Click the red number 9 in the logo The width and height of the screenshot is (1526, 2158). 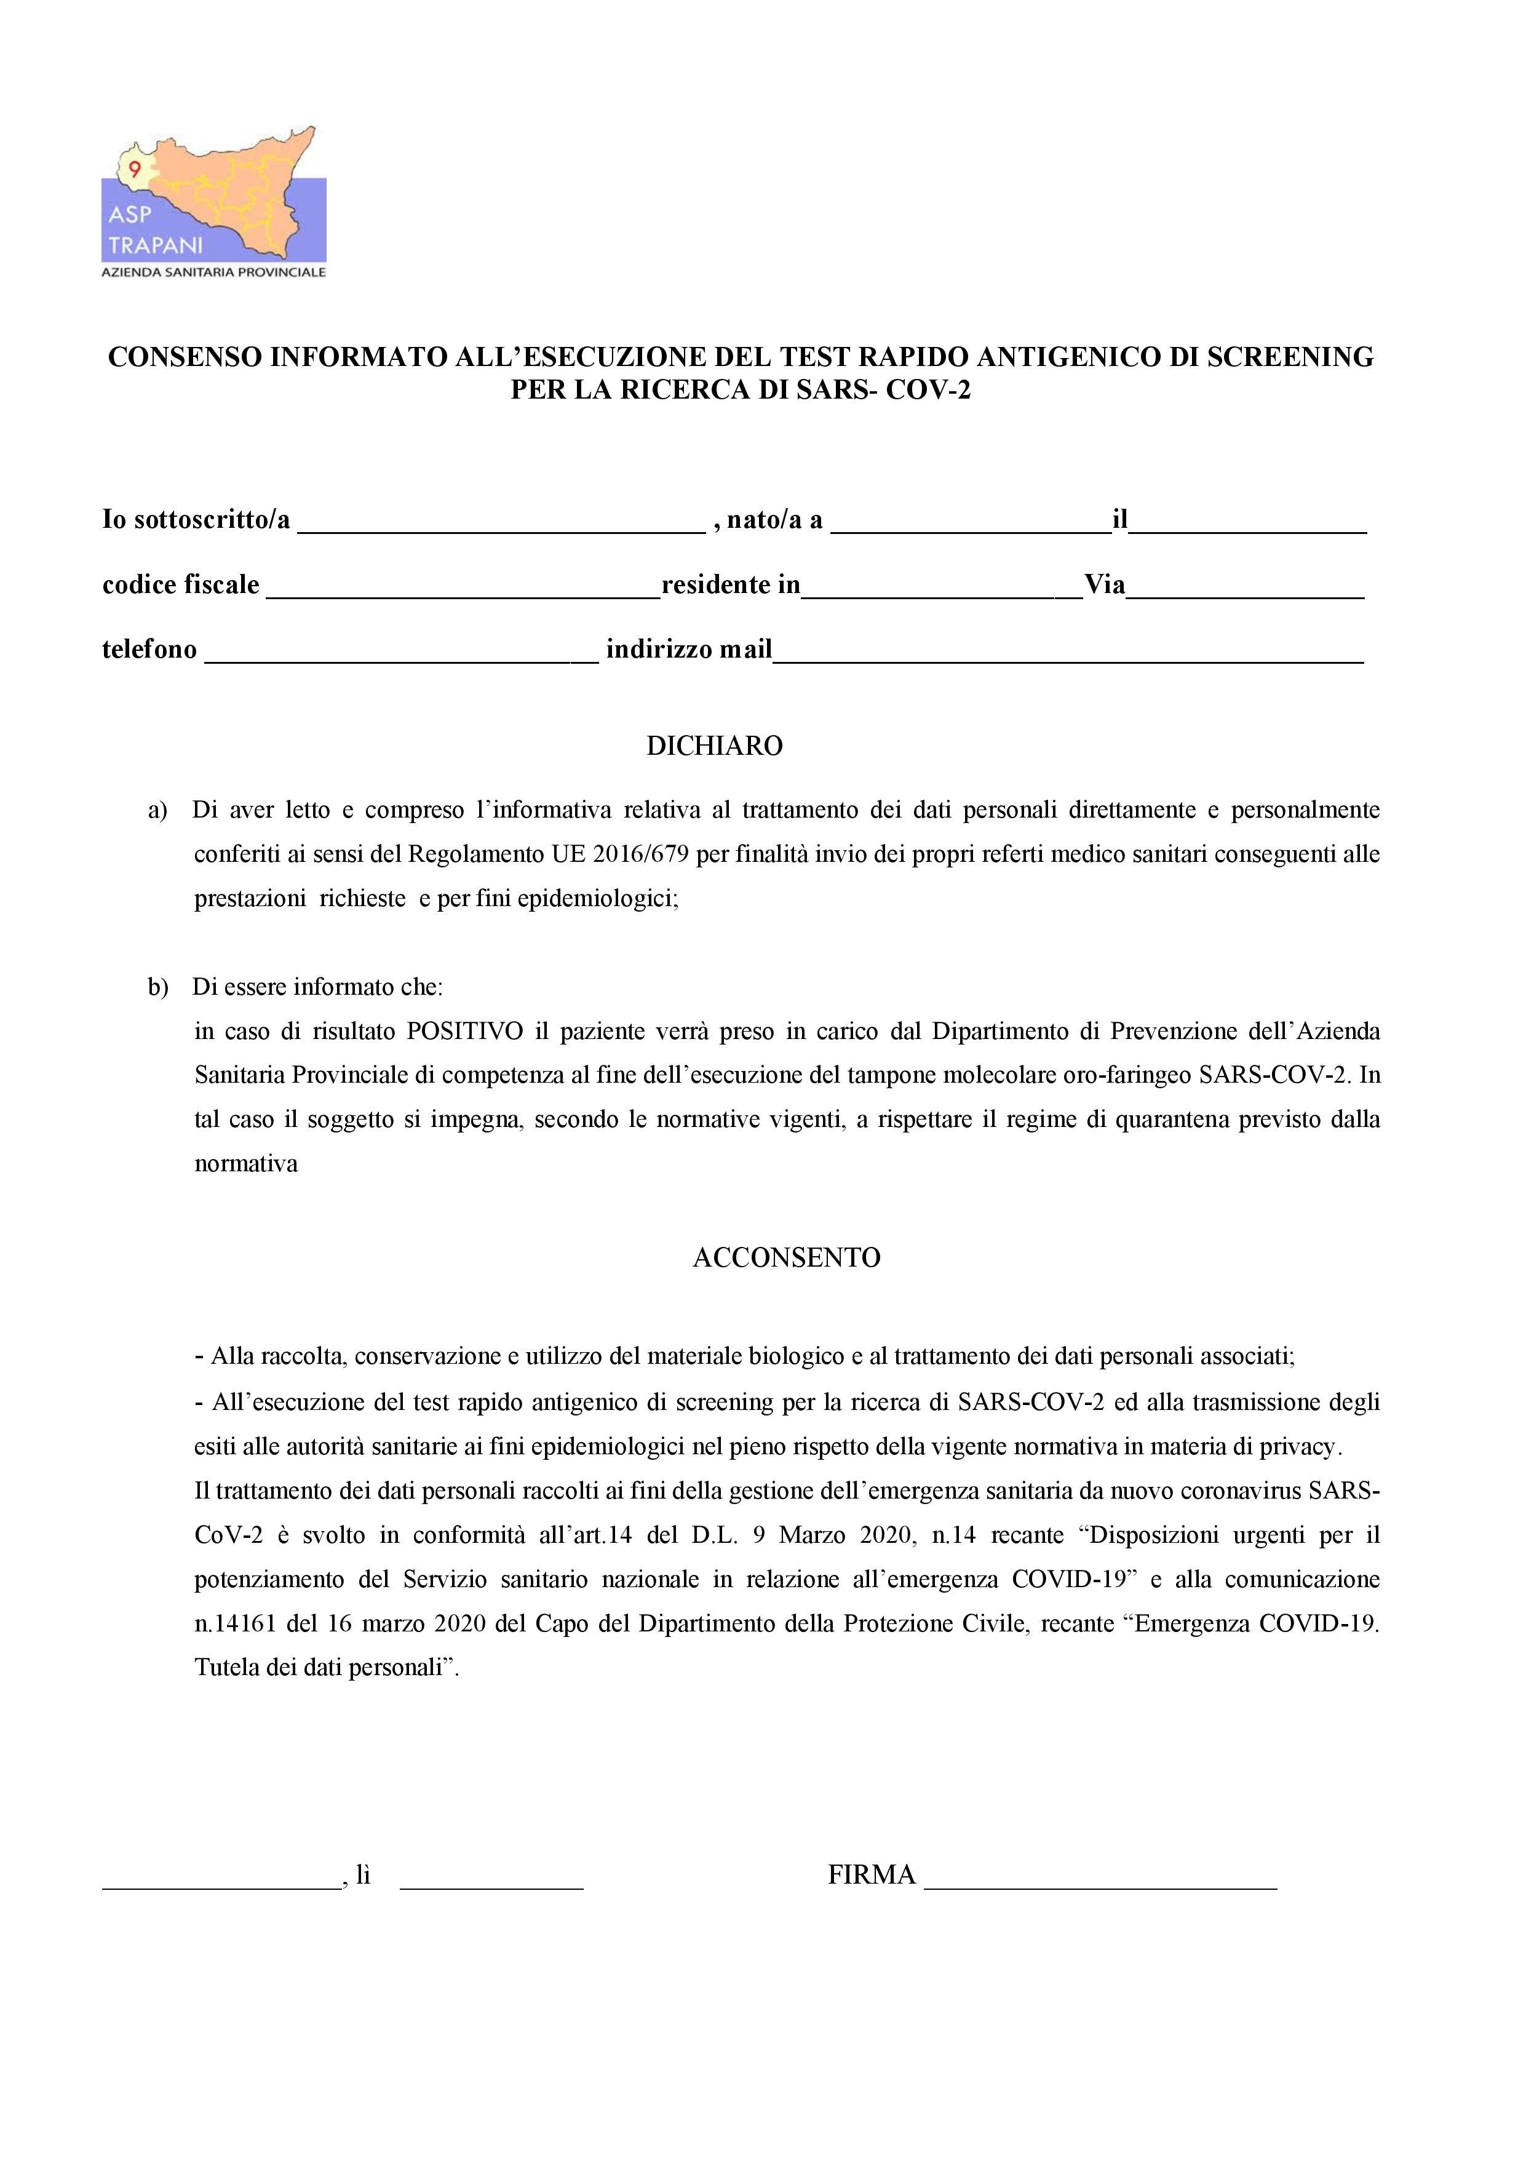[x=134, y=170]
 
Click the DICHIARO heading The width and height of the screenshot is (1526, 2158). [x=714, y=746]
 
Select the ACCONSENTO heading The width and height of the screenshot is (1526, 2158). [x=787, y=1257]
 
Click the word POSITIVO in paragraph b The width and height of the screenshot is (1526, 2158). [x=464, y=1031]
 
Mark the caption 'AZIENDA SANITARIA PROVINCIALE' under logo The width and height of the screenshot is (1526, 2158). [x=213, y=273]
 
